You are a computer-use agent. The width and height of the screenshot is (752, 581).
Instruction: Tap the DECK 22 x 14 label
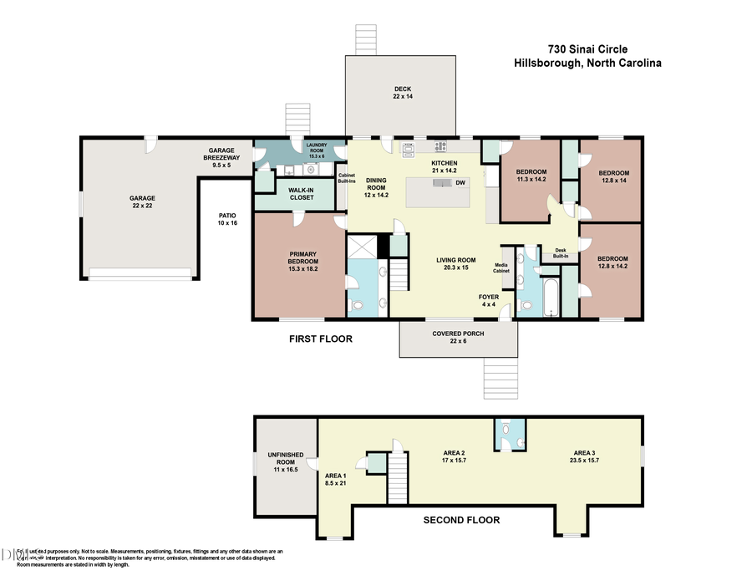403,93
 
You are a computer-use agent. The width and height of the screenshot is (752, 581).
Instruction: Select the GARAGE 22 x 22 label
142,203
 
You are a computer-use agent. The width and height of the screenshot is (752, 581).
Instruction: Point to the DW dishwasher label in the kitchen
460,182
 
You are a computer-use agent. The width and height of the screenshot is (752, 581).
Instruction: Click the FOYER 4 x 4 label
489,301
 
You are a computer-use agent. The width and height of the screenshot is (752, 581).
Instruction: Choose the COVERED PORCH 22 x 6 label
458,338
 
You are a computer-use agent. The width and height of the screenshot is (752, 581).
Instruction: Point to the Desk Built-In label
560,252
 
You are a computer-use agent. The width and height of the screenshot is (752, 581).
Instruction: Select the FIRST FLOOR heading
320,339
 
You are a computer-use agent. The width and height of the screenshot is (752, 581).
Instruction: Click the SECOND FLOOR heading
461,520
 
